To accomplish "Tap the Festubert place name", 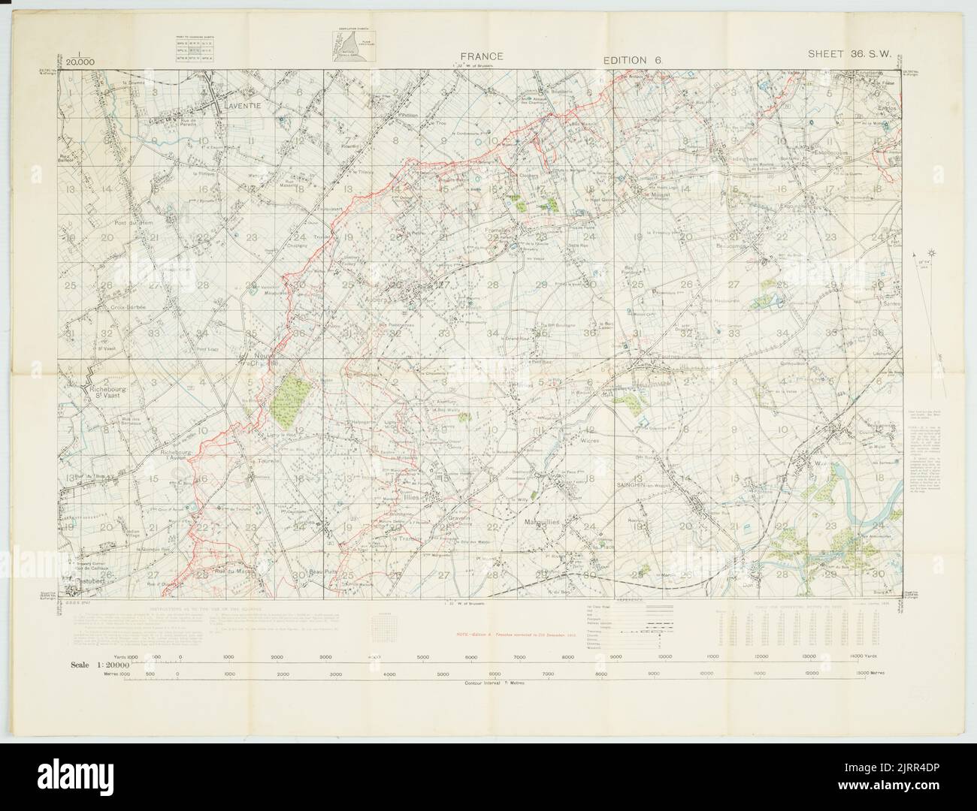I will coord(84,580).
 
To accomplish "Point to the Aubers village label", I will coord(395,299).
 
